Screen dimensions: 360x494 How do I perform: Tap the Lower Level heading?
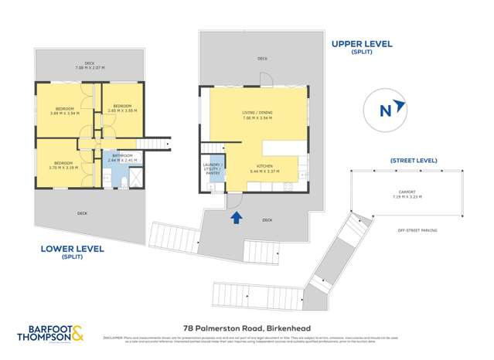[x=61, y=249]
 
